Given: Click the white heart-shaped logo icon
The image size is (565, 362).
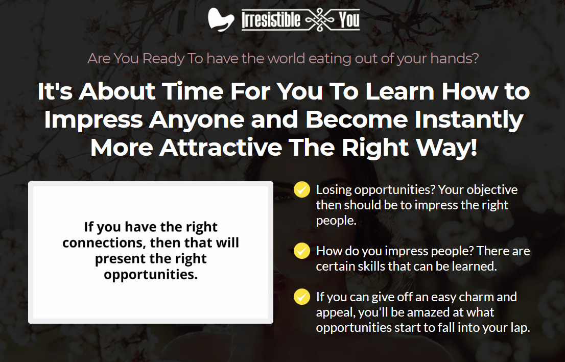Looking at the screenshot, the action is [x=221, y=19].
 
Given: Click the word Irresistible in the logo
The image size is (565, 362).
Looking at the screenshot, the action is [x=271, y=19].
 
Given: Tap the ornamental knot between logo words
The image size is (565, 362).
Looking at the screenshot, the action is [x=319, y=20].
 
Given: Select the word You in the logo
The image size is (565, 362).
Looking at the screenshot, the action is [x=349, y=19].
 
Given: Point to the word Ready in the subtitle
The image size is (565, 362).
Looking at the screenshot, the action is [x=163, y=59].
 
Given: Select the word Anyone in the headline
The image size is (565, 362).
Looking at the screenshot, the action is [x=197, y=119].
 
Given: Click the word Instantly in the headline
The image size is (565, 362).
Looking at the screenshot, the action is [x=469, y=119].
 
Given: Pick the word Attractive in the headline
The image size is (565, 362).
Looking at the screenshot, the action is [x=221, y=148].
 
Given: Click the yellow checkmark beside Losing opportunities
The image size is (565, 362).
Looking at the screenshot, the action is [x=301, y=190].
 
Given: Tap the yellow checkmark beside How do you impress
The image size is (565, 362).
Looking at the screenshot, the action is [x=301, y=251].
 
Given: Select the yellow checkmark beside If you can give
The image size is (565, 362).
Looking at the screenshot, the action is [x=301, y=297].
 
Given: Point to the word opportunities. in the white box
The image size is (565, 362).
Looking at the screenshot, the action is [x=151, y=275].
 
